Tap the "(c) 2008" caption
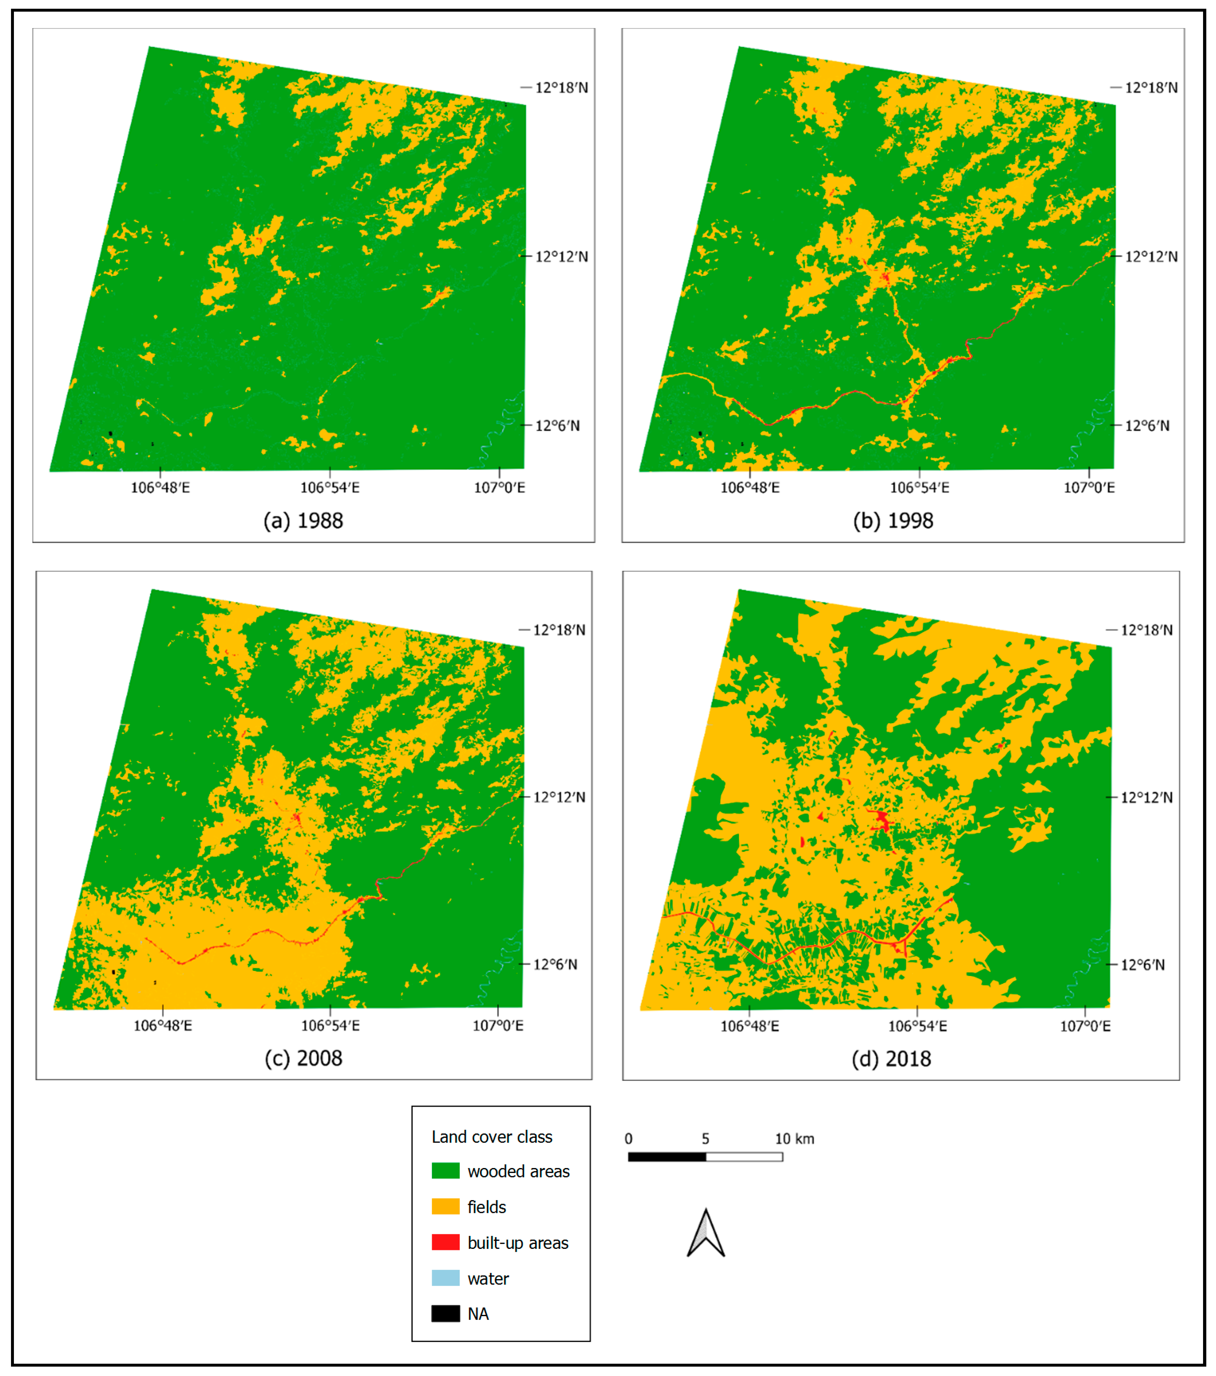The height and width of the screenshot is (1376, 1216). pos(303,1058)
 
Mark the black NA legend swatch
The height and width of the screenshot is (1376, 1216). pos(446,1313)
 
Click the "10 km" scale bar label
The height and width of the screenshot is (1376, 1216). pos(794,1139)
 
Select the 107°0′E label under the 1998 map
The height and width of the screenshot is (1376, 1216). pos(1089,487)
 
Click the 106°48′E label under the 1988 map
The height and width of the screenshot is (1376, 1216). pos(160,487)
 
